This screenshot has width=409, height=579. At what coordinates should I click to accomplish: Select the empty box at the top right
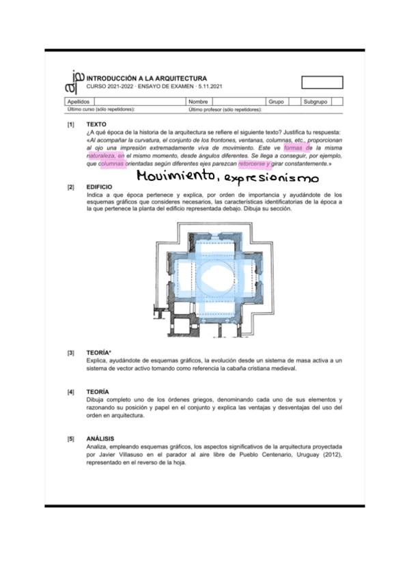pos(322,83)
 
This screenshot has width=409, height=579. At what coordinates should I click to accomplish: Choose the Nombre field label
pos(198,101)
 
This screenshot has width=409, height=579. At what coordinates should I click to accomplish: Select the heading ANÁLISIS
pos(100,438)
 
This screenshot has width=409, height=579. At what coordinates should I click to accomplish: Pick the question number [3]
pos(70,353)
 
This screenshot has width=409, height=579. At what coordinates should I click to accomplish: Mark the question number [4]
pos(70,392)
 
